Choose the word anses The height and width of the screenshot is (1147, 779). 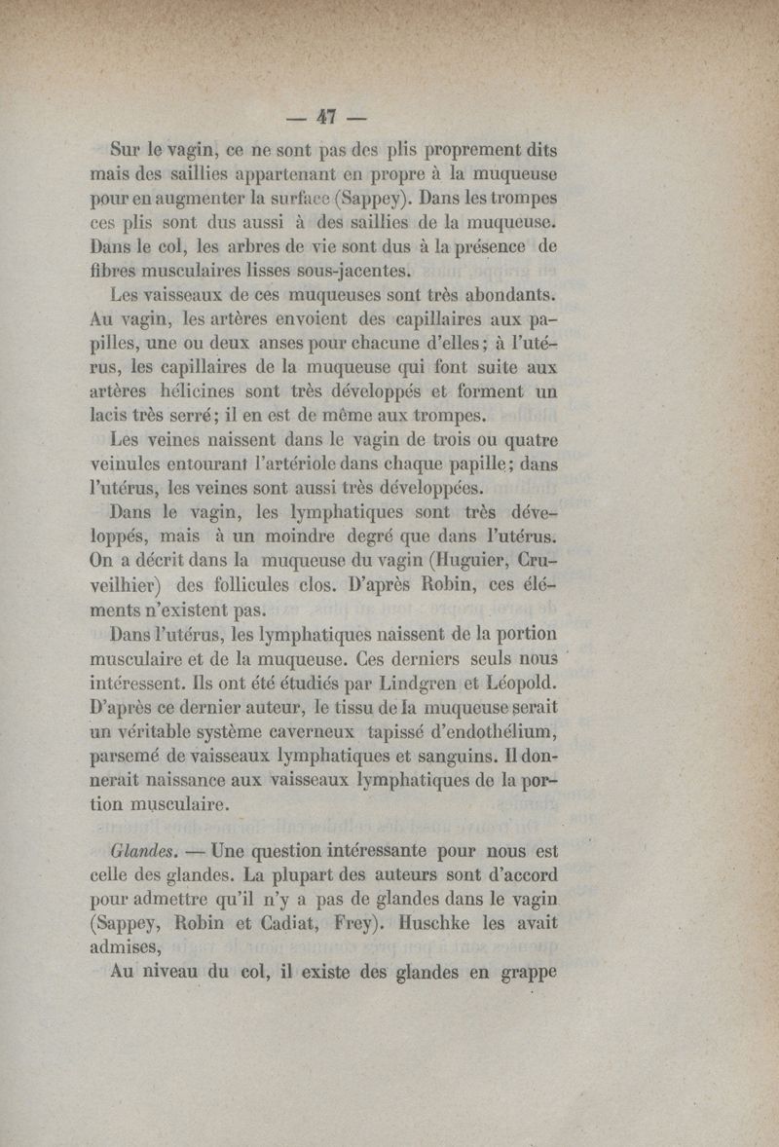coord(252,343)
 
